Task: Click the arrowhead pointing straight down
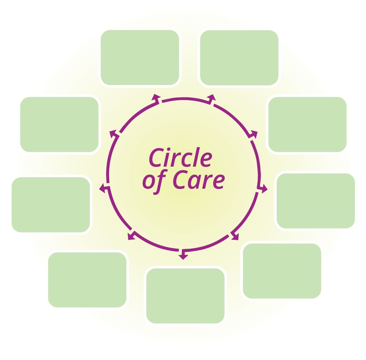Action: (x=183, y=256)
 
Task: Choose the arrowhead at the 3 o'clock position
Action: (x=264, y=189)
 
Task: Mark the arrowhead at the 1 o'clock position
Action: (x=212, y=97)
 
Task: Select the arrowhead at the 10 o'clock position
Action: (x=113, y=133)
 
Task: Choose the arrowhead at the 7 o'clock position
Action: (x=131, y=236)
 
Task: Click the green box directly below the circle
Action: (x=185, y=296)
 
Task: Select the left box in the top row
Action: (x=140, y=57)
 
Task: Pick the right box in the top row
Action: (x=239, y=57)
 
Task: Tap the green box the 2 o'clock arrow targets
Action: (x=307, y=124)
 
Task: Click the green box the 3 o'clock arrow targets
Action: (x=315, y=201)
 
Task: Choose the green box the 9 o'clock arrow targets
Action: (x=51, y=204)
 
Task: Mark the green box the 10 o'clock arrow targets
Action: (x=59, y=124)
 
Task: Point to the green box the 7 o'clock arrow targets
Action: (x=87, y=279)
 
